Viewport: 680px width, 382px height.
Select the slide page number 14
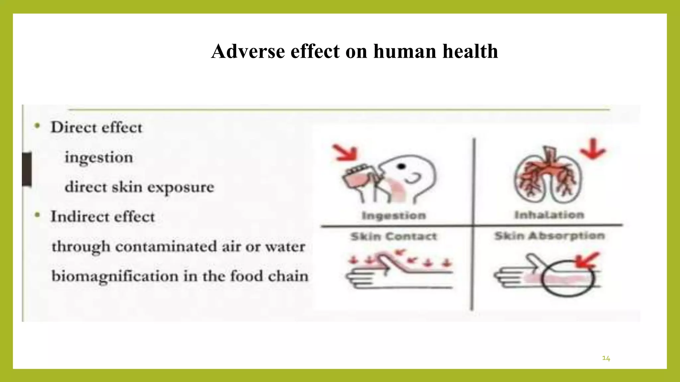tap(606, 358)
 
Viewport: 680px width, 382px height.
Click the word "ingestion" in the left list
tap(99, 157)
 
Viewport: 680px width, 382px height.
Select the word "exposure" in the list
tap(181, 187)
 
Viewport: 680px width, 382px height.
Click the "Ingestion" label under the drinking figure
tap(394, 216)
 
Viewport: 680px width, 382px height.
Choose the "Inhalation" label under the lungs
tap(549, 215)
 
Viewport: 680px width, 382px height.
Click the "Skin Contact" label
tap(394, 236)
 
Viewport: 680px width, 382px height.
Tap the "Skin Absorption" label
tap(550, 236)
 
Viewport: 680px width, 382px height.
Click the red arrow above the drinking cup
tap(346, 153)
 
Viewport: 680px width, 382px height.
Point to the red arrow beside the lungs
tap(593, 150)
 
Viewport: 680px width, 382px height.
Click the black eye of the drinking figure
tap(402, 166)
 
